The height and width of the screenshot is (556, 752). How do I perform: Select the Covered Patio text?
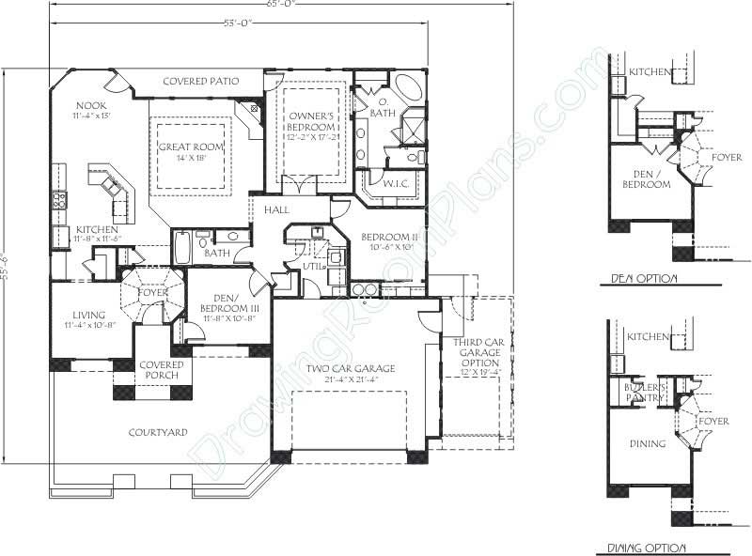coord(200,82)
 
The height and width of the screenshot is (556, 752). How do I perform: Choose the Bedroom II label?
coord(389,237)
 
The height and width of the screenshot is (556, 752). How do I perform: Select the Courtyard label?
coord(157,432)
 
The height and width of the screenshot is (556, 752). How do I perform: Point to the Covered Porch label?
coord(160,370)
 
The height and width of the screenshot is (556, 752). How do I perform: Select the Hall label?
coord(276,209)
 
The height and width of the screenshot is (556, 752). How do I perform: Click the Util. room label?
coord(313,266)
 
